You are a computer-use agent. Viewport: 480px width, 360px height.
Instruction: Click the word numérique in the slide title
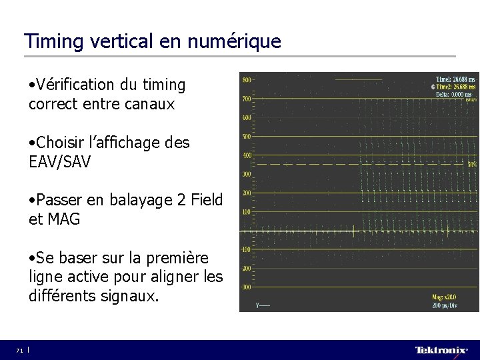(234, 41)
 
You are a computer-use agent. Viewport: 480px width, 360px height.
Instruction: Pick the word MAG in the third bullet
(63, 219)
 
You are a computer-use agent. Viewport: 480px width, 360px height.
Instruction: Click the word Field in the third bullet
(205, 200)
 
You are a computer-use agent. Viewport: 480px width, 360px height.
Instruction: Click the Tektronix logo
(441, 350)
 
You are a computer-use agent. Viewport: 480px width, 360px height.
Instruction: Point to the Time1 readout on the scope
(455, 79)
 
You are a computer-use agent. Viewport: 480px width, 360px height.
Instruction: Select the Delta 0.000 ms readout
(457, 94)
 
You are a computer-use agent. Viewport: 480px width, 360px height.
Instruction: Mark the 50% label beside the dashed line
(471, 163)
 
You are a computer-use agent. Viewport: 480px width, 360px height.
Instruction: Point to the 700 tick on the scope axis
(247, 99)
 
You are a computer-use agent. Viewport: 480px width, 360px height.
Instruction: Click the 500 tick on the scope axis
(247, 137)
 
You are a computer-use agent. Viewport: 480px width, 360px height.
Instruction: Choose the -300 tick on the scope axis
(246, 287)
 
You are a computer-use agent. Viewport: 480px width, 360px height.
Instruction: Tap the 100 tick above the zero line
(247, 212)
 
